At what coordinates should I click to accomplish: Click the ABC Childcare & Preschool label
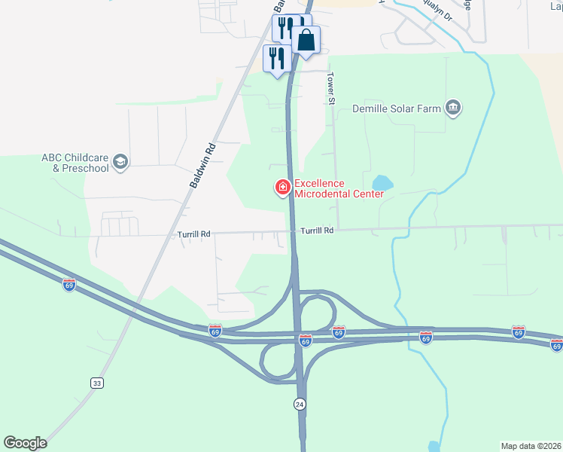[x=75, y=162]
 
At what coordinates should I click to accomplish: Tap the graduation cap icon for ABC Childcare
[x=120, y=161]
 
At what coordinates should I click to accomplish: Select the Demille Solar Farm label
[x=397, y=108]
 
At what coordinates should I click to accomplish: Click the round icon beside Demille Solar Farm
[x=453, y=108]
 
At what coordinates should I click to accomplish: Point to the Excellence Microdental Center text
[x=339, y=188]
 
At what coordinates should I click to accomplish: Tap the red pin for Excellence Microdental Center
[x=284, y=187]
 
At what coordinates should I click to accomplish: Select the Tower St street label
[x=330, y=89]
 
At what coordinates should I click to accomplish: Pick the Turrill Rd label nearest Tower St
[x=317, y=231]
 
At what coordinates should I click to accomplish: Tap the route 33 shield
[x=96, y=383]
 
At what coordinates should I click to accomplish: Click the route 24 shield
[x=300, y=404]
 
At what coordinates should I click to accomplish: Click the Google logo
[x=25, y=443]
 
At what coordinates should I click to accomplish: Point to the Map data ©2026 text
[x=531, y=445]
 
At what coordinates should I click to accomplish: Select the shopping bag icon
[x=306, y=40]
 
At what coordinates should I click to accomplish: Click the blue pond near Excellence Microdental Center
[x=382, y=182]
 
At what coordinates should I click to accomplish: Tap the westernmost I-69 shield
[x=69, y=285]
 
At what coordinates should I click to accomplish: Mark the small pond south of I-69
[x=434, y=447]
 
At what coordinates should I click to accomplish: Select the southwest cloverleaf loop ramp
[x=277, y=360]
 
